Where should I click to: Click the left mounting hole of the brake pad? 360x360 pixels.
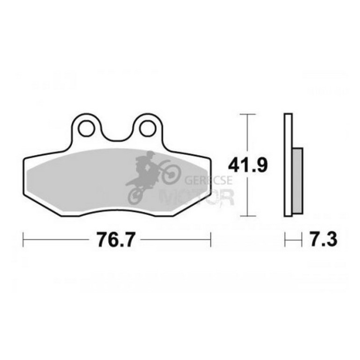pos(86,128)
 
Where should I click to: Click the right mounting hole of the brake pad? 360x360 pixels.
pos(148,128)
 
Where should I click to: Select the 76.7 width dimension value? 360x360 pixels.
pos(115,240)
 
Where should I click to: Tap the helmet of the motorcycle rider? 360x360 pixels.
pos(151,155)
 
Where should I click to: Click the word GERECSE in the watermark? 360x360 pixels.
pos(209,180)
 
